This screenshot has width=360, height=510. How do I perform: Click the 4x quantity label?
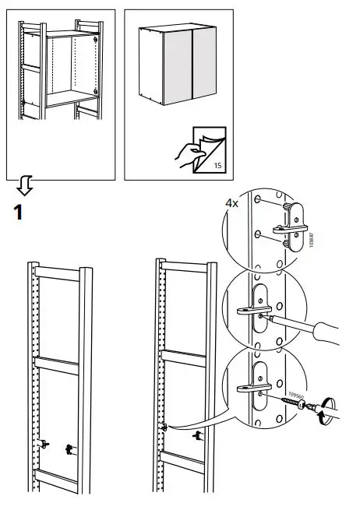click(x=232, y=203)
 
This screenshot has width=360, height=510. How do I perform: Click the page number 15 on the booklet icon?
click(x=217, y=166)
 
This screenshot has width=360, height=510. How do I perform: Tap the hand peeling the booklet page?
click(x=185, y=155)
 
